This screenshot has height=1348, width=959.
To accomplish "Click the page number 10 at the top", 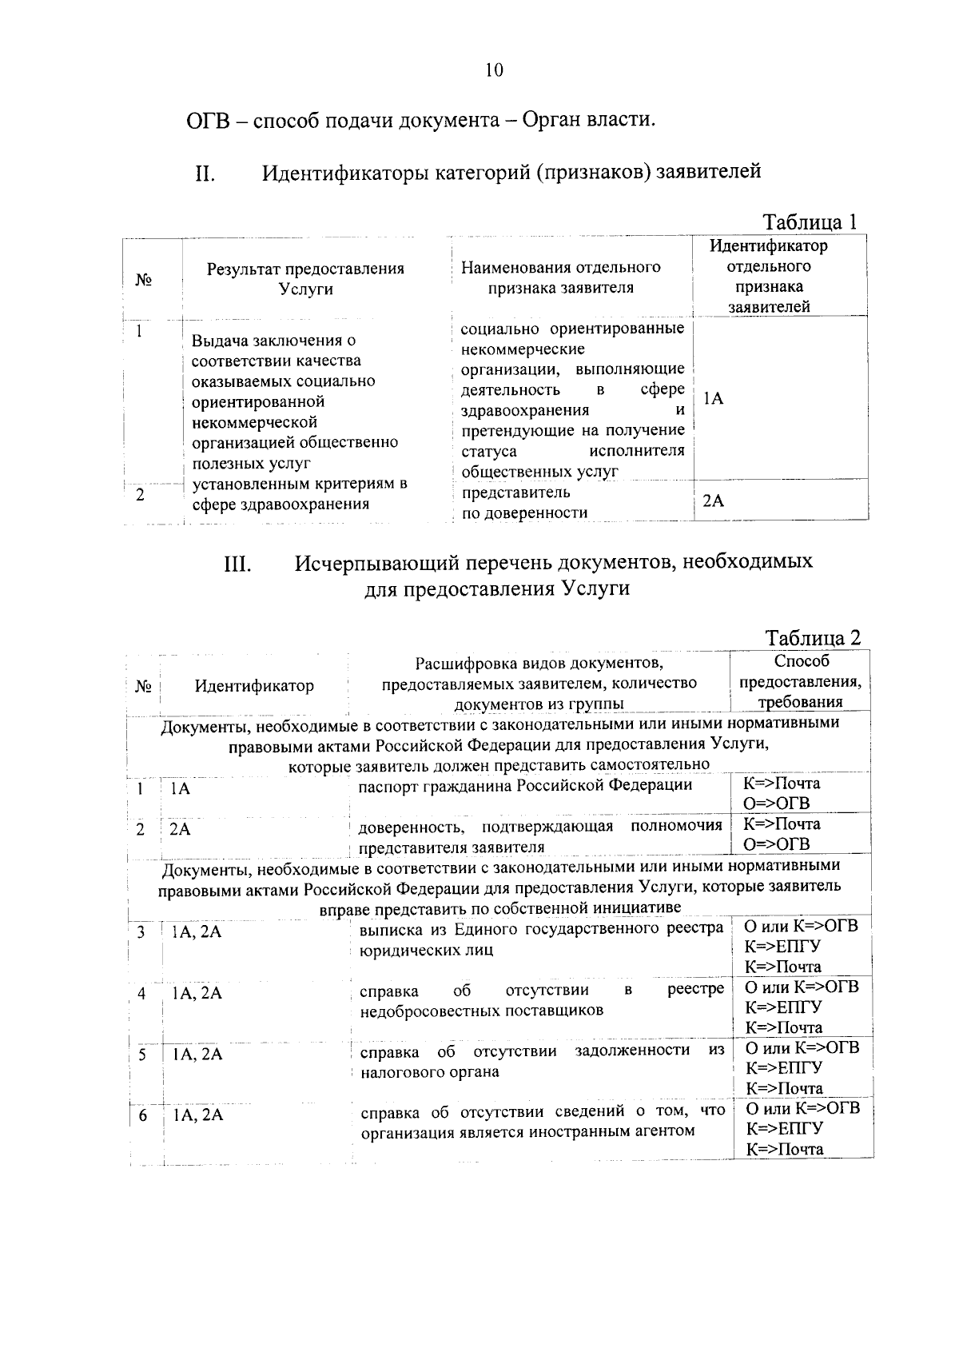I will [x=494, y=70].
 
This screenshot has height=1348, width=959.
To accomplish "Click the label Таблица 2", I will [x=813, y=638].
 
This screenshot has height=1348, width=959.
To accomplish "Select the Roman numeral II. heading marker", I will [x=205, y=173].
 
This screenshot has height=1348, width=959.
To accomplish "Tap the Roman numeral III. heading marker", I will [x=237, y=564].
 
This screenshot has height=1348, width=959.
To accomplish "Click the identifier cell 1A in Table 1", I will [x=714, y=398].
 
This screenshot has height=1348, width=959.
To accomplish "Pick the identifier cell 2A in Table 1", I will [x=713, y=501].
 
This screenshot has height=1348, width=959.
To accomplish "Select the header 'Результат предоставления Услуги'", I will [x=305, y=279].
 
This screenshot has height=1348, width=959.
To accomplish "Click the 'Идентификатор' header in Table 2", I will [x=254, y=686].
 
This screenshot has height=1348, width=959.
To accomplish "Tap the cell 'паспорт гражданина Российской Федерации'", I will [x=525, y=784].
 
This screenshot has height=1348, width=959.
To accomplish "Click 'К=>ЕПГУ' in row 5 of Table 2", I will [x=784, y=1068].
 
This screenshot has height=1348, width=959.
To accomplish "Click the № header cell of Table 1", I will [x=144, y=280].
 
